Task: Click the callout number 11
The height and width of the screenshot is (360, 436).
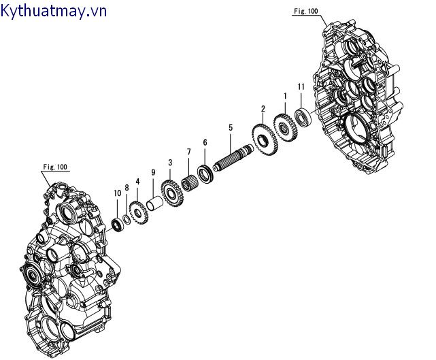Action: (301, 86)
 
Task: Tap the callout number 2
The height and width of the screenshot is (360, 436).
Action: (263, 109)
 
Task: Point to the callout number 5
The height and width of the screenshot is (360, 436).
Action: (231, 127)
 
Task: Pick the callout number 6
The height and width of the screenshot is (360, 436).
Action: (204, 142)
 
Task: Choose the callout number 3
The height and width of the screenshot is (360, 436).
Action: (170, 163)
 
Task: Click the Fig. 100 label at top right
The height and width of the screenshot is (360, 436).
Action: (305, 12)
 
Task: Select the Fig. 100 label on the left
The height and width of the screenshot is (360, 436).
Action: (54, 167)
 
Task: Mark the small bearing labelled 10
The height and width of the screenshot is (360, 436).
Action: (117, 223)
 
